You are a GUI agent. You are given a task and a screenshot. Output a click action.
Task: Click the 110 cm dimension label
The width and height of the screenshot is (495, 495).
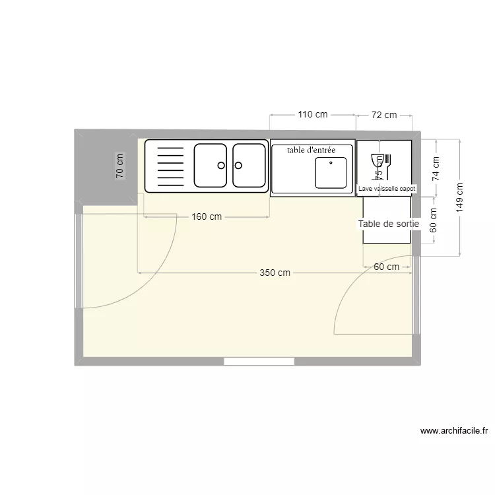(x=312, y=114)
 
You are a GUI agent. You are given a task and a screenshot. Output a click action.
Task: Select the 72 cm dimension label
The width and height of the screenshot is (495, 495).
(x=383, y=115)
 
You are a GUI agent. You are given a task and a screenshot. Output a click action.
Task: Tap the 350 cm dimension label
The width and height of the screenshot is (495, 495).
(x=275, y=273)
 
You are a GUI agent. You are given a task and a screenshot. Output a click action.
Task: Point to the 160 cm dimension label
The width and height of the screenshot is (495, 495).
(x=207, y=218)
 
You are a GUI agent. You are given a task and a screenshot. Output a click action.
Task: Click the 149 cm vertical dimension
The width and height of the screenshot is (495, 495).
(x=460, y=197)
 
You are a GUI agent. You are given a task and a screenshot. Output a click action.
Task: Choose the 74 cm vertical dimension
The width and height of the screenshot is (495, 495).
(x=434, y=168)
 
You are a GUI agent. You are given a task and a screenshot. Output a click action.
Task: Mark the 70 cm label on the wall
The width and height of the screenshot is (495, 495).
(x=119, y=166)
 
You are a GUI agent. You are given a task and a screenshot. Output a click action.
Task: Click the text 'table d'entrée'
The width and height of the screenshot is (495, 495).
(x=311, y=150)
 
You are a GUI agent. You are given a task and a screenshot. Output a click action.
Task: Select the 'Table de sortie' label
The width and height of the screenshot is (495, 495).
(x=389, y=224)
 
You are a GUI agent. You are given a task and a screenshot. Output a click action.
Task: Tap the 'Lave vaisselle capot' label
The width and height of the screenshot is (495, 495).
(x=387, y=189)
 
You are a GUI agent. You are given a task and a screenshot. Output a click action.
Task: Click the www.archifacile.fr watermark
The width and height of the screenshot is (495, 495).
(x=454, y=431)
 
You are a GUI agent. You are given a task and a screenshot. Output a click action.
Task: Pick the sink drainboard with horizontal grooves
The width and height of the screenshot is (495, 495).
(x=168, y=166)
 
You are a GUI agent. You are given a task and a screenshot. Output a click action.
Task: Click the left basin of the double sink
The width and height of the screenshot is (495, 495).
(x=211, y=166)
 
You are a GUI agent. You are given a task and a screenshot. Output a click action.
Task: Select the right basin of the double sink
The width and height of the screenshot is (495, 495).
(x=248, y=166)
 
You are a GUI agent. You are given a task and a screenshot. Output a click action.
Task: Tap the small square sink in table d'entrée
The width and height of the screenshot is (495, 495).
(x=330, y=172)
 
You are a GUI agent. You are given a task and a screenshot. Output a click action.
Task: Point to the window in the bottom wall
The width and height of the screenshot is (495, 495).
(x=259, y=361)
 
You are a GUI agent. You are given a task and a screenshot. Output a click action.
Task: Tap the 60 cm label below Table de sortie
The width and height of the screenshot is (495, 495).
(x=386, y=267)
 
